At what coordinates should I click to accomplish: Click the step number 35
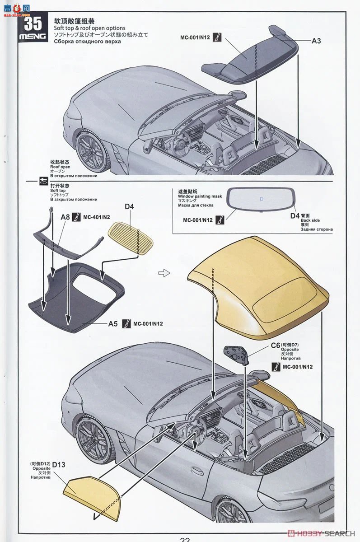coord(33,23)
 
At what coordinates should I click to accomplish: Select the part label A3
coord(316,41)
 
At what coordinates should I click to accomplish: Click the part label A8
coord(65,217)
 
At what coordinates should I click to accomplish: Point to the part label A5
coord(113,324)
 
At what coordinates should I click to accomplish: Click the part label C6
coord(276,345)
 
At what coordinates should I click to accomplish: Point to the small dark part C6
coord(235,354)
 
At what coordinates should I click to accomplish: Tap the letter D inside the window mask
coord(262,198)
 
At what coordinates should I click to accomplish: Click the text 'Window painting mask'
coord(200,196)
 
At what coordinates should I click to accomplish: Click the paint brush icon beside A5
coord(126,324)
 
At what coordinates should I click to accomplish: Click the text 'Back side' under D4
coord(310,220)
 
